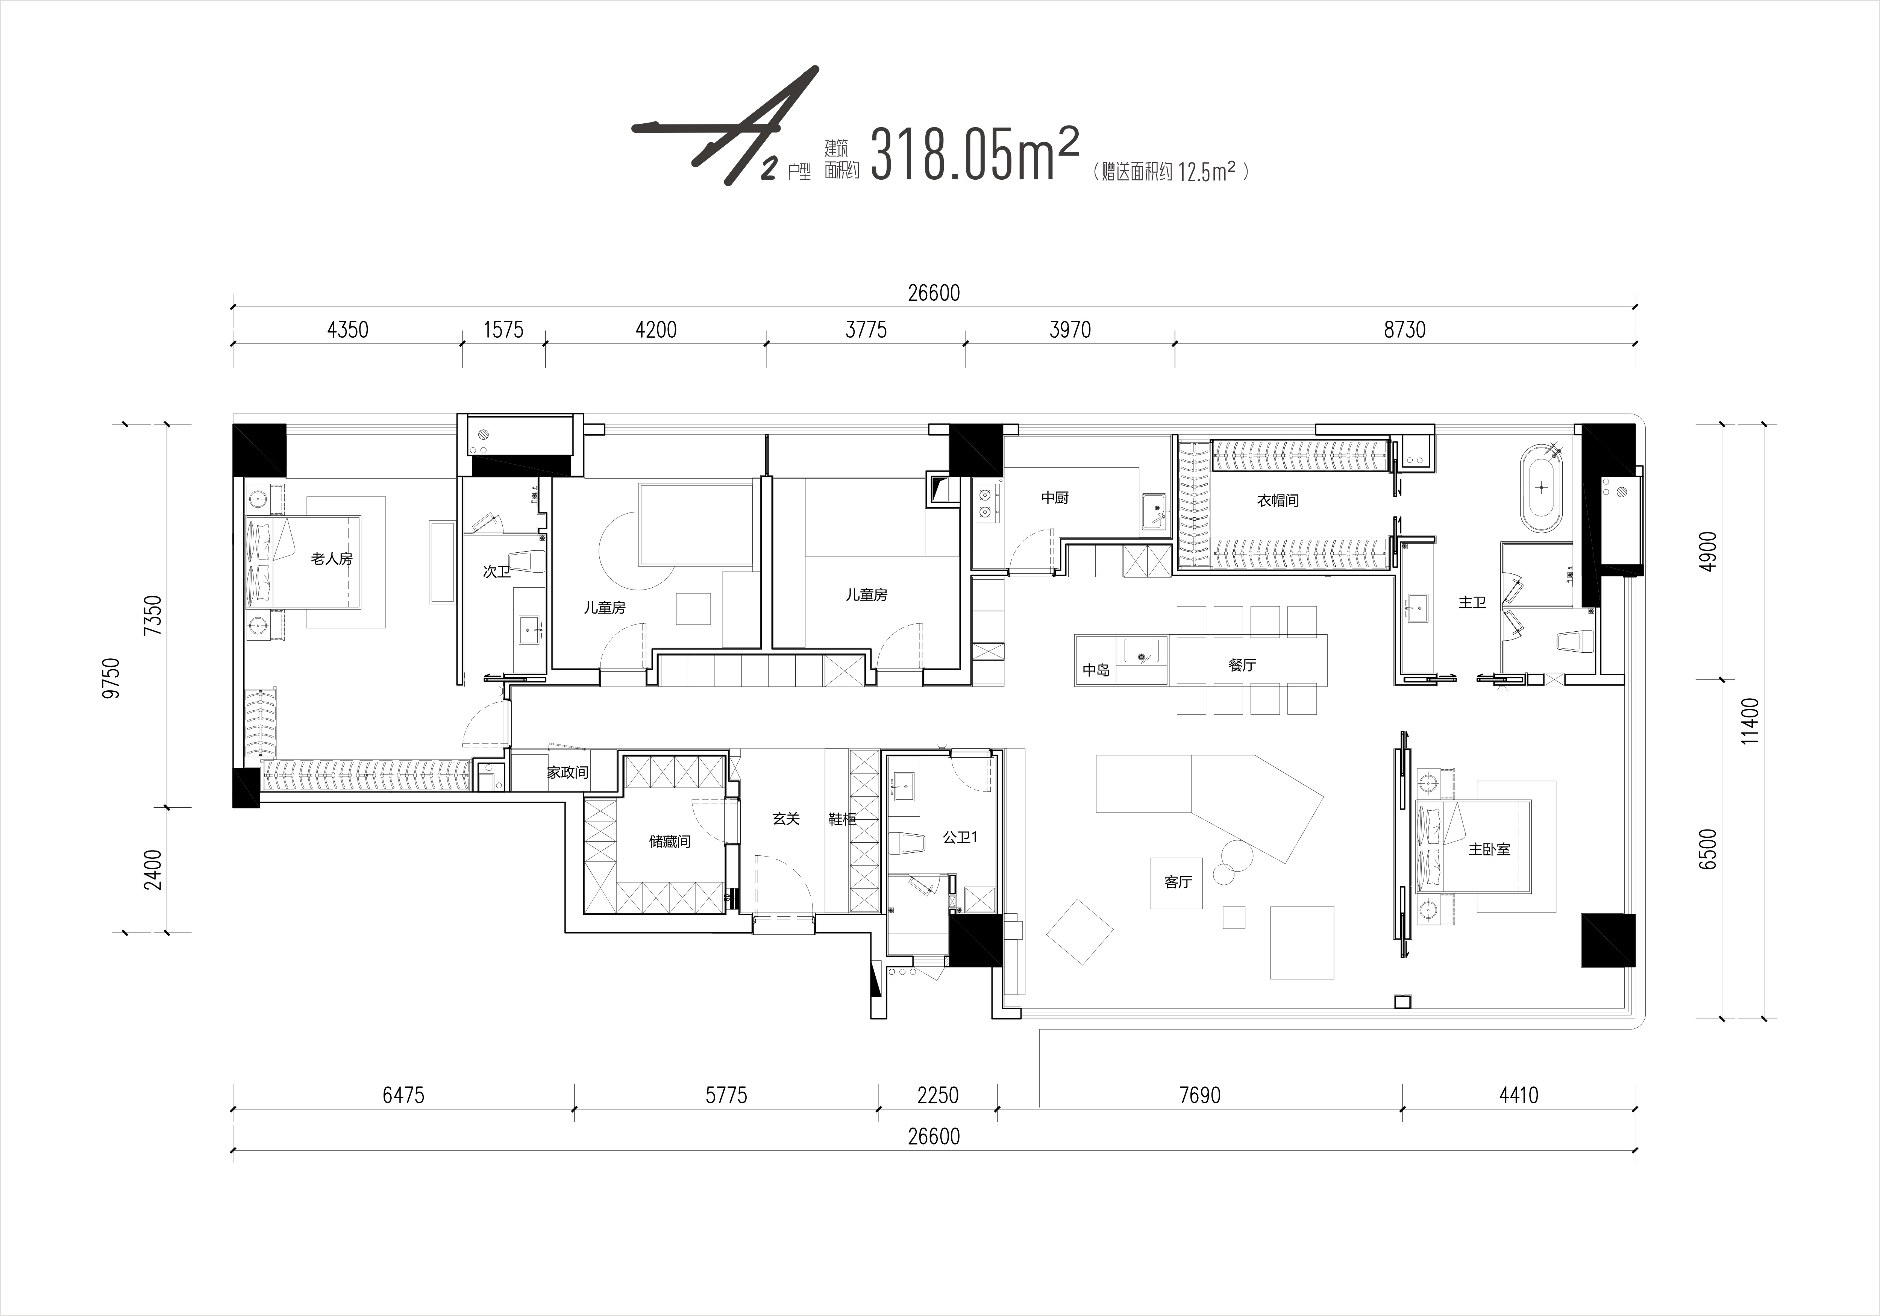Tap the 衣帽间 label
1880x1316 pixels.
click(x=1278, y=500)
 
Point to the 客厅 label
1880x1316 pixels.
click(x=1178, y=882)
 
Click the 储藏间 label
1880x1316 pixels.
click(x=670, y=841)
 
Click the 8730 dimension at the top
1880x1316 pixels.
click(x=1404, y=330)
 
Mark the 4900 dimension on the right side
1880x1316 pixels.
click(x=1708, y=552)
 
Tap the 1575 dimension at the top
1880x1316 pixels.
click(x=503, y=330)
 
